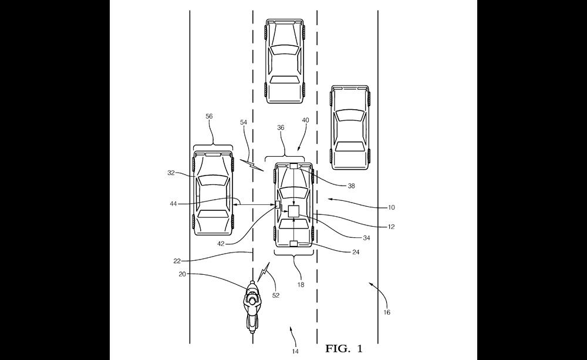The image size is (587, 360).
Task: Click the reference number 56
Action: pos(210,116)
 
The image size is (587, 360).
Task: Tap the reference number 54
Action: pos(244,123)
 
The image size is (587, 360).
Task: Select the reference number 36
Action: pos(281,128)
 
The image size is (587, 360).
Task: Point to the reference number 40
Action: pos(305,120)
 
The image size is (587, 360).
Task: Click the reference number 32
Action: pos(171,173)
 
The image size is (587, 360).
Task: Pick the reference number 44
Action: pos(173,204)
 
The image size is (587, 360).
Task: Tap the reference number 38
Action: pos(351,186)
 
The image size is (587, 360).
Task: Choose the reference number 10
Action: pos(391,207)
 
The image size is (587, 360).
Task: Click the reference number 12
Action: pos(391,227)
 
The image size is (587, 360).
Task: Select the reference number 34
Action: pos(366,238)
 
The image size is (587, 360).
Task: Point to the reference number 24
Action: pos(356,252)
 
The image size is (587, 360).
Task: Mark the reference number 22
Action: pos(177,261)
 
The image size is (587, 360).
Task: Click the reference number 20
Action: pos(183,274)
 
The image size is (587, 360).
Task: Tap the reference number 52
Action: pos(276,295)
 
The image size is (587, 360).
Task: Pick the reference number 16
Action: pos(387,312)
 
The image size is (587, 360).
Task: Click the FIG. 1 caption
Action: pos(343,349)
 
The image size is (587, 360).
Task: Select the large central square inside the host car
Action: pos(293,211)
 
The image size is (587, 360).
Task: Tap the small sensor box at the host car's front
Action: pos(293,166)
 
